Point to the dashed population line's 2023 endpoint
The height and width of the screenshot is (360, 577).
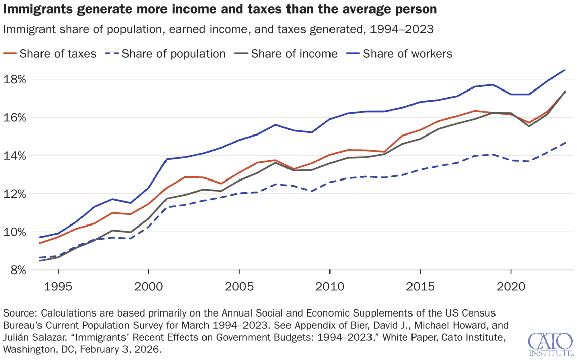566,143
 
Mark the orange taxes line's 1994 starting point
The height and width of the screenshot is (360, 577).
40,243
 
